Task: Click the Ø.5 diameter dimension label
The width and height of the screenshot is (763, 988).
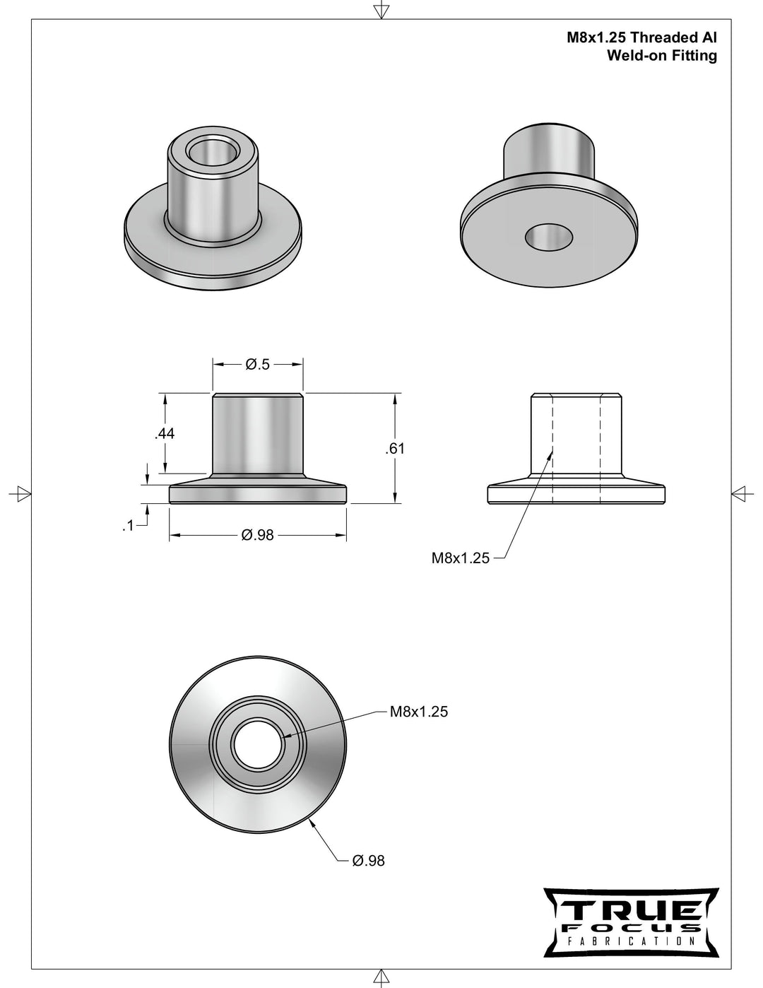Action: [x=258, y=365]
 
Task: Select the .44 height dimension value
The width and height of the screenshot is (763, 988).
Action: [x=165, y=434]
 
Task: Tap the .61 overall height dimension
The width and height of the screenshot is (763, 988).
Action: [x=396, y=449]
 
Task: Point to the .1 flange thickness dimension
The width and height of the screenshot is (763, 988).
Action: [x=128, y=526]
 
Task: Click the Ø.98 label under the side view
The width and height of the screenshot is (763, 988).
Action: [x=257, y=536]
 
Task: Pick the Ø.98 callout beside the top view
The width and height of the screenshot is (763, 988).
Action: [x=368, y=861]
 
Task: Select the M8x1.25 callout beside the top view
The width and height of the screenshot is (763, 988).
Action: [x=419, y=712]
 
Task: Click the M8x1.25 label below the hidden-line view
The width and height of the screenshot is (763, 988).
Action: [x=461, y=558]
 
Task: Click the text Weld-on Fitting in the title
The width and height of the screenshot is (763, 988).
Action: [x=662, y=56]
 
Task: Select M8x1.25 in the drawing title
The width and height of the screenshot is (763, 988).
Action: [x=596, y=39]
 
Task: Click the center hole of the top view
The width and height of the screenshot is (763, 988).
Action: [x=258, y=745]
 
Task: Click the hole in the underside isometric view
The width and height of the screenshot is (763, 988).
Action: [x=549, y=237]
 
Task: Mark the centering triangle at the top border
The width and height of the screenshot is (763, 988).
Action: [x=381, y=10]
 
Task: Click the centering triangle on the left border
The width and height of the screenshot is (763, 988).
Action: [x=23, y=493]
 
